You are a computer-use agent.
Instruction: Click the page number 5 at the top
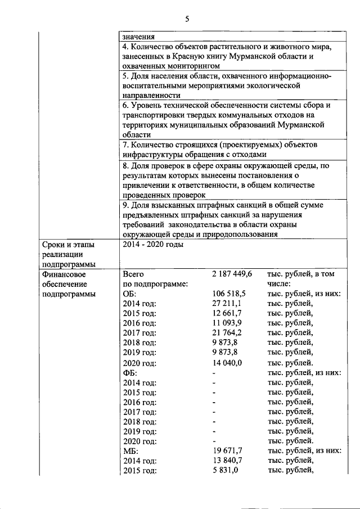[187, 20]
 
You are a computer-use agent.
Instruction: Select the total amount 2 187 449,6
[232, 273]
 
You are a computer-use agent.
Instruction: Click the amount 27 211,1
[228, 304]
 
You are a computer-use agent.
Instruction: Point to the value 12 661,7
[228, 313]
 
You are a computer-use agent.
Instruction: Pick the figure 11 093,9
[228, 323]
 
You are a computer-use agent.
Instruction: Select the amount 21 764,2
[228, 333]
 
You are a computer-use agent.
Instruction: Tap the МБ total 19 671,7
[228, 451]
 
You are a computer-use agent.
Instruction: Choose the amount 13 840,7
[228, 461]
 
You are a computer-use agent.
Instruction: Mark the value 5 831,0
[226, 471]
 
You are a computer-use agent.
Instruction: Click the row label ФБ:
[130, 373]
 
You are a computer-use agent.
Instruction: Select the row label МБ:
[130, 451]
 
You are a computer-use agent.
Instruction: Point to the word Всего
[134, 273]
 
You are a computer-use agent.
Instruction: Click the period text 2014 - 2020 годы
[152, 245]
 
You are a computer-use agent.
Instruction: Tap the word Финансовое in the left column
[64, 274]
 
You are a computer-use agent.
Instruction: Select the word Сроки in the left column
[55, 245]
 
